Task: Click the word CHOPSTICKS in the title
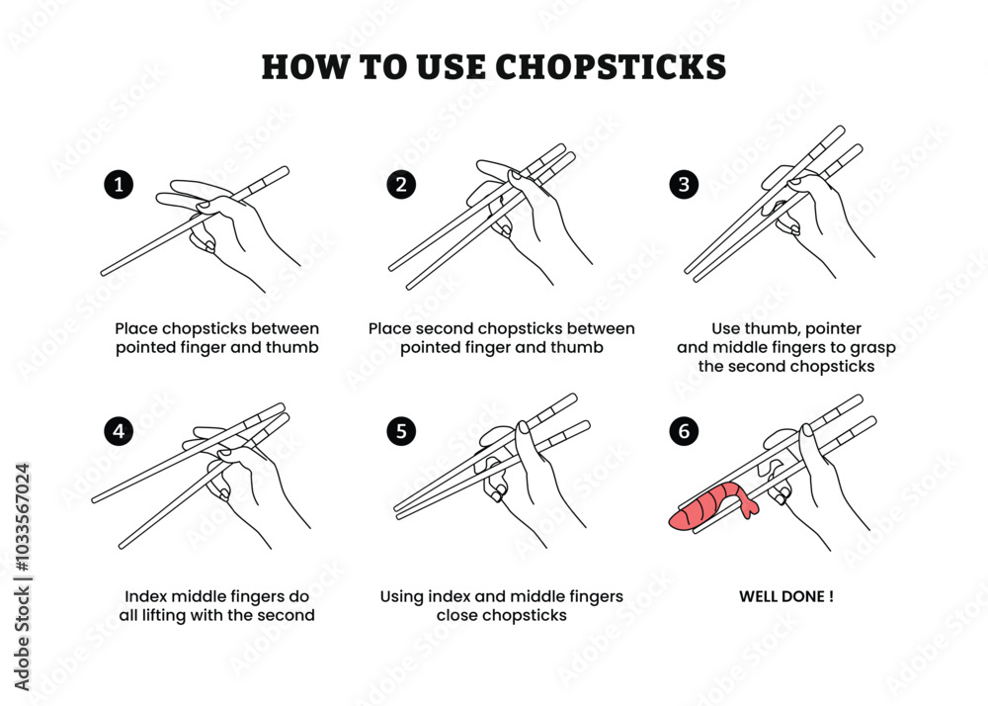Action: click(610, 66)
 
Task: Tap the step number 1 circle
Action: click(119, 184)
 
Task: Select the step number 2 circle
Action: click(400, 184)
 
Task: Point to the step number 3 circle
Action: click(684, 184)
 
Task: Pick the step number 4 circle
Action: click(119, 431)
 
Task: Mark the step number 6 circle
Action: click(684, 431)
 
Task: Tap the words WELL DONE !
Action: click(786, 597)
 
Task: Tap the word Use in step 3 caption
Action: click(726, 328)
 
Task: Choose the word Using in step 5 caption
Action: click(402, 596)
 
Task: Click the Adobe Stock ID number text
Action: click(23, 577)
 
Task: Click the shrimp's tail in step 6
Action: click(748, 506)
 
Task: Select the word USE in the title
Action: click(448, 66)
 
